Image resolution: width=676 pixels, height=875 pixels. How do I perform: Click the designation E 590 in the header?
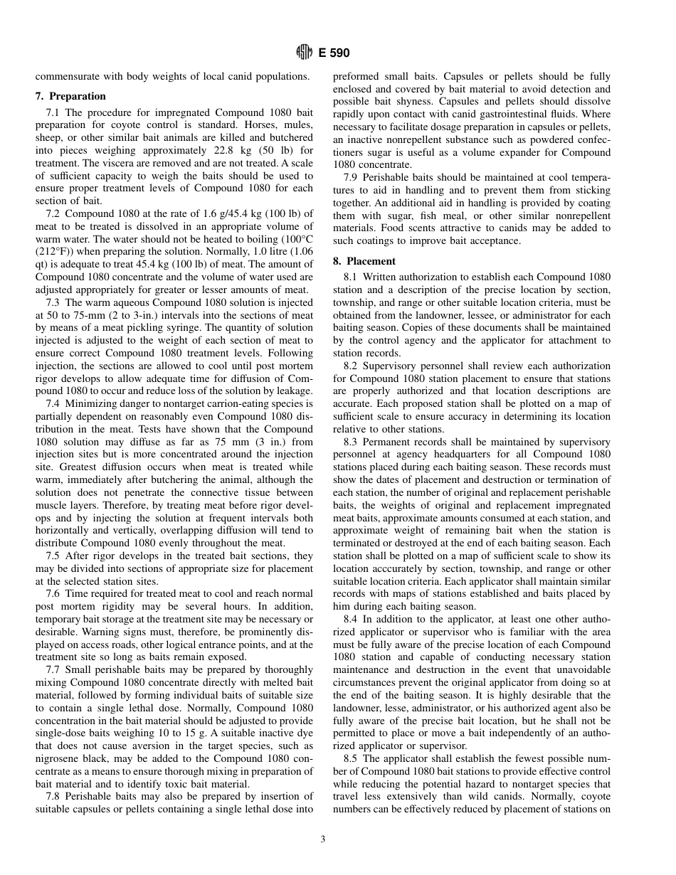[x=334, y=53]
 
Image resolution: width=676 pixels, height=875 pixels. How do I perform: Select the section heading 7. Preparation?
[x=70, y=96]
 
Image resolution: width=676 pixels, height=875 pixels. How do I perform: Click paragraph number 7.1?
[x=53, y=112]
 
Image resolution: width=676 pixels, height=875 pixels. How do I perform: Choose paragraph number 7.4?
[x=53, y=403]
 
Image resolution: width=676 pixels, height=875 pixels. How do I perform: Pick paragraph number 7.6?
[x=53, y=593]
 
